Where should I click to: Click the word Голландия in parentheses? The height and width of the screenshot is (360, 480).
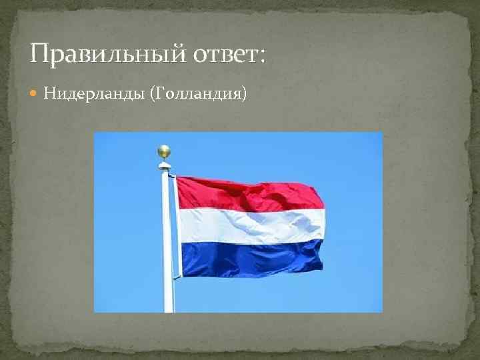pos(199,93)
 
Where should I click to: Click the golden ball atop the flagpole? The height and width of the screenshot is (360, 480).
pos(164,151)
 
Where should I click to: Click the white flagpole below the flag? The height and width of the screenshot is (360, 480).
pos(168,293)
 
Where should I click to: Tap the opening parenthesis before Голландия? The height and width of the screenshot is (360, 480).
pos(155,94)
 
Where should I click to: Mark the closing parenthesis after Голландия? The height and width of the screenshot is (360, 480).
pos(244,94)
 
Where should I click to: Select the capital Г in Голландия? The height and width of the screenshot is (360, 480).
pos(162,93)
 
